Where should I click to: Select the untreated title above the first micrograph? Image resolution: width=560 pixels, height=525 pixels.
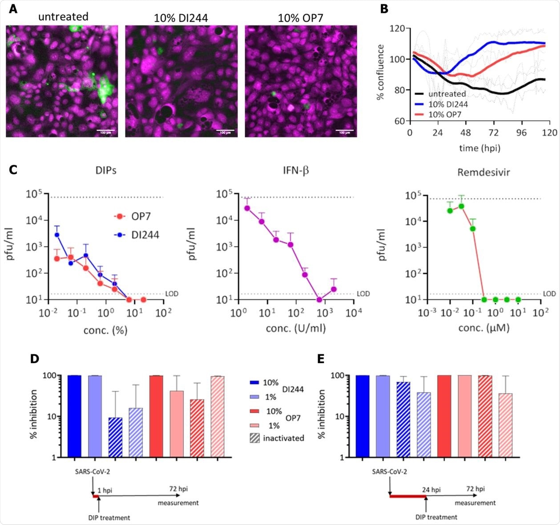coord(63,17)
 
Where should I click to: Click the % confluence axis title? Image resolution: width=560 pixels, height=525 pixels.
coord(381,75)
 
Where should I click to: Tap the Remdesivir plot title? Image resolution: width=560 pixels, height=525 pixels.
coord(483,172)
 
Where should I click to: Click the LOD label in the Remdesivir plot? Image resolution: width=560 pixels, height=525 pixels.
coord(550,294)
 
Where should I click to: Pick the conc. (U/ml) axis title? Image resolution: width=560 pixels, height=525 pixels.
coord(296,328)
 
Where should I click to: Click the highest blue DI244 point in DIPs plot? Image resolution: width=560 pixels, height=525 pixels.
coord(56,234)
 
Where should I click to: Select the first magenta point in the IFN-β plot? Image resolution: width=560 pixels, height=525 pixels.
coord(247,208)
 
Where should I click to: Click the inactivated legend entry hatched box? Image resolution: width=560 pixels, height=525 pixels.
coord(254,438)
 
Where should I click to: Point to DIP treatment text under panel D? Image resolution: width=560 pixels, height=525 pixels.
coord(109,517)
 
